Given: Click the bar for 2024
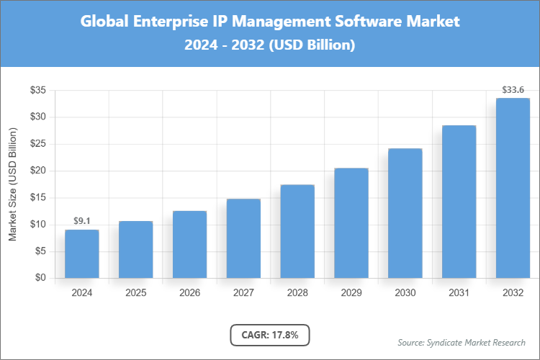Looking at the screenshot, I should coord(81,253).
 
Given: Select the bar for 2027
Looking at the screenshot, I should coord(243,238).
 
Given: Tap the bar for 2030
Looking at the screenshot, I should coord(405,213).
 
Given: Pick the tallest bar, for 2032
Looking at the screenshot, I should coord(513,188).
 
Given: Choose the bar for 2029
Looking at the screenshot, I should coord(351,223).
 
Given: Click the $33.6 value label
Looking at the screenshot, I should coord(513,90).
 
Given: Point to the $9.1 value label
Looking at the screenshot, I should coord(81,221).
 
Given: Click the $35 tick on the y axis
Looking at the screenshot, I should coord(38,90).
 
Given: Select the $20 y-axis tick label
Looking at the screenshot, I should coord(38,171).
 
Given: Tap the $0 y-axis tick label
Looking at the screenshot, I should coord(41,278).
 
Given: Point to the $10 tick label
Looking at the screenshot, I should coord(38,225).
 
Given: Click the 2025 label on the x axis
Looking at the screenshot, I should coord(135,293).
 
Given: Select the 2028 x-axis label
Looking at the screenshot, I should coord(297,293).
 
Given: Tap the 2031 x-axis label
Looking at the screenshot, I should coord(459,293).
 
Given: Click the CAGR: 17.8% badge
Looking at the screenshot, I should coord(269,335).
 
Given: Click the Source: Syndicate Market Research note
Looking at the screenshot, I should coord(462,342).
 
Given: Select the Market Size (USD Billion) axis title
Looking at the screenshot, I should coord(13,184).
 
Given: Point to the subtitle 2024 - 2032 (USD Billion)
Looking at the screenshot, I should coord(269,45).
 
